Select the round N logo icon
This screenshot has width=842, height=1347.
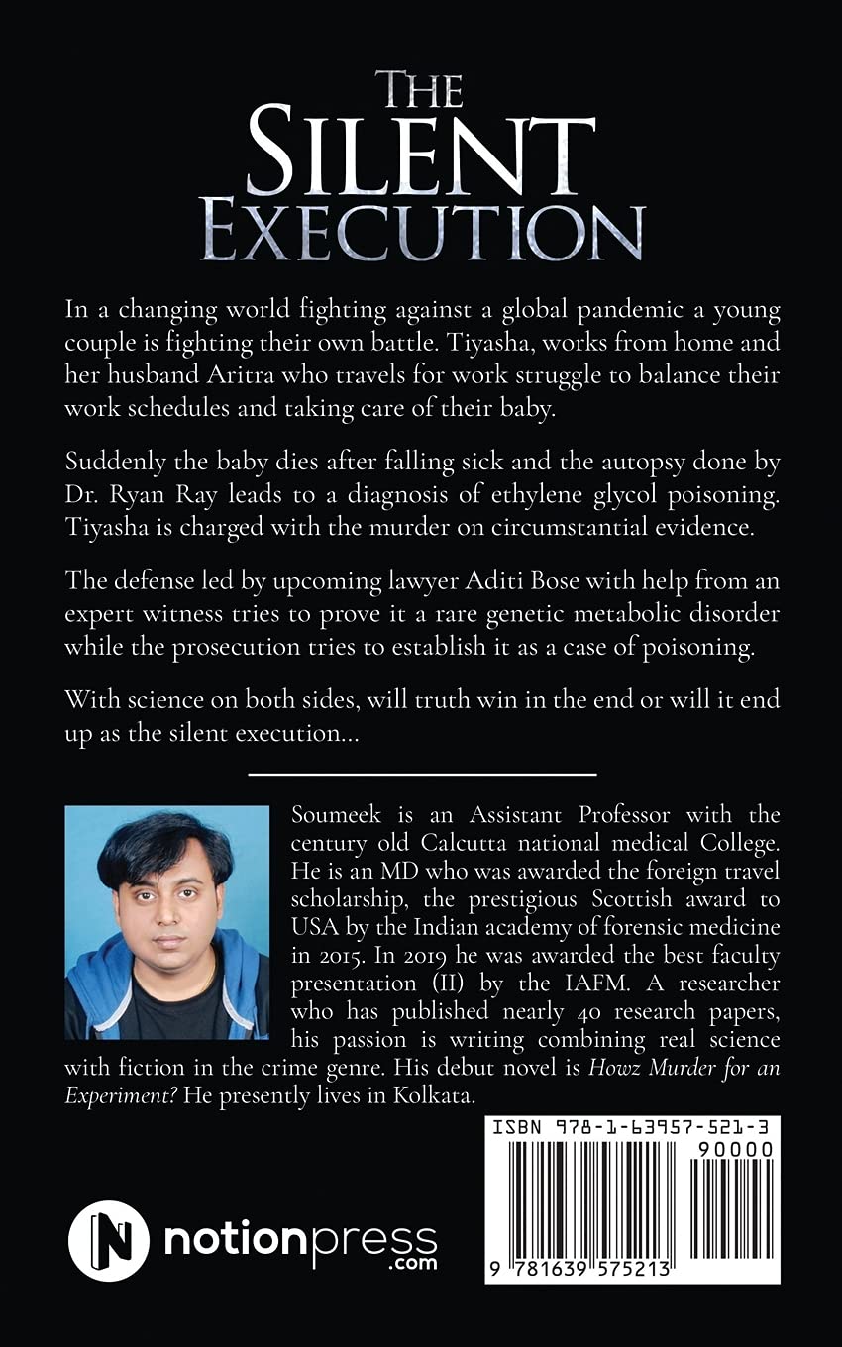click(x=109, y=1240)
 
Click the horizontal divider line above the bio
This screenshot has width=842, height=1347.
click(x=422, y=774)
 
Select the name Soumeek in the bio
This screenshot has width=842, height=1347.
click(x=330, y=815)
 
